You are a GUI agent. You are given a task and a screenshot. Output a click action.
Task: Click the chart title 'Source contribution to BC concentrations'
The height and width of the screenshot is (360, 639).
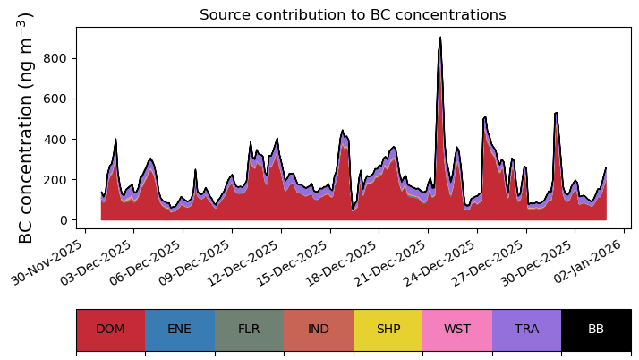[x=353, y=14]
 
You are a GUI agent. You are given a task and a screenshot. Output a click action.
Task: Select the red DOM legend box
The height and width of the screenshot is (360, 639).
[x=110, y=330]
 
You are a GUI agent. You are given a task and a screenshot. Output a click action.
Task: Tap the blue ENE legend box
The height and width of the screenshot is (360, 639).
[x=180, y=330]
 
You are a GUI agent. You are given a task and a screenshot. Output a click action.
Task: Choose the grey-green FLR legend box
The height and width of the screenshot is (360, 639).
[x=249, y=330]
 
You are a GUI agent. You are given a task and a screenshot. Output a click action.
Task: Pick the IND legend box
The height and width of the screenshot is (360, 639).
[x=319, y=330]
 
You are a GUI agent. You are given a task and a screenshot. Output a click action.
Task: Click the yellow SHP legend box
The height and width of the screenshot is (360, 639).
[x=388, y=330]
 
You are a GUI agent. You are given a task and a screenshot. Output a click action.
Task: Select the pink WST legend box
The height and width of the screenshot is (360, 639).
[x=457, y=330]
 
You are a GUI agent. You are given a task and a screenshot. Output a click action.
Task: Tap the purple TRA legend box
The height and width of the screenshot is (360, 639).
[x=526, y=330]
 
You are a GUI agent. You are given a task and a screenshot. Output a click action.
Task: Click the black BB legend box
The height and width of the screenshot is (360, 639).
[x=596, y=330]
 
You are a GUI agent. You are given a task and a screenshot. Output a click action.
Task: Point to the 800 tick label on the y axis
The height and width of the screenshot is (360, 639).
[x=55, y=59]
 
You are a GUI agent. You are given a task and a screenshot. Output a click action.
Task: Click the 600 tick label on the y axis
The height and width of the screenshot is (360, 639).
[x=55, y=99]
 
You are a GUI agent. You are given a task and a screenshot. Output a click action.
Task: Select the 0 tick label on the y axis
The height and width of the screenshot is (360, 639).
[x=63, y=220]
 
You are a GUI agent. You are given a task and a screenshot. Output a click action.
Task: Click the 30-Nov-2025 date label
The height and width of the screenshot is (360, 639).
[x=47, y=262]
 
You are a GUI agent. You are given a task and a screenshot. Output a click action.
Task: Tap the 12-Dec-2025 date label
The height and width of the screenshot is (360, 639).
[x=243, y=262]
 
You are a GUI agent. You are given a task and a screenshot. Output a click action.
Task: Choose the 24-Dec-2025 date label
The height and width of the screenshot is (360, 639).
[x=439, y=262]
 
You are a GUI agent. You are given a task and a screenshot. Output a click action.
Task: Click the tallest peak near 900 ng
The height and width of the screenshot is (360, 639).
[x=440, y=38]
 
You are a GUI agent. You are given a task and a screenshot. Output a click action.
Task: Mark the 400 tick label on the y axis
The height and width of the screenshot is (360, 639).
[x=55, y=140]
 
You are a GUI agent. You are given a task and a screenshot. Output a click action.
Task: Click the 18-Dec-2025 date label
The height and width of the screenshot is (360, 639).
[x=341, y=262]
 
